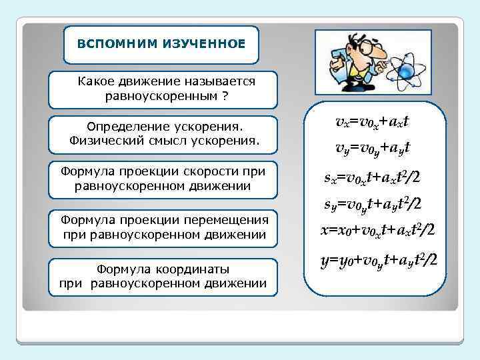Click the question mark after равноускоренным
225,96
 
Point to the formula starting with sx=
372,178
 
